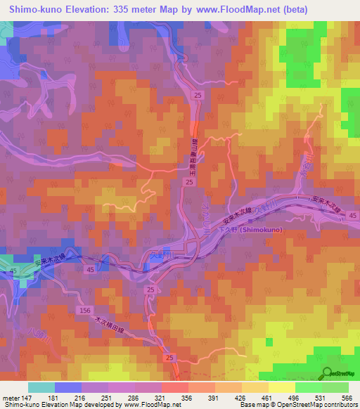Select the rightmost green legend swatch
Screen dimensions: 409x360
coord(335,387)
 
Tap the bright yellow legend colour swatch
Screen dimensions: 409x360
coord(281,387)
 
